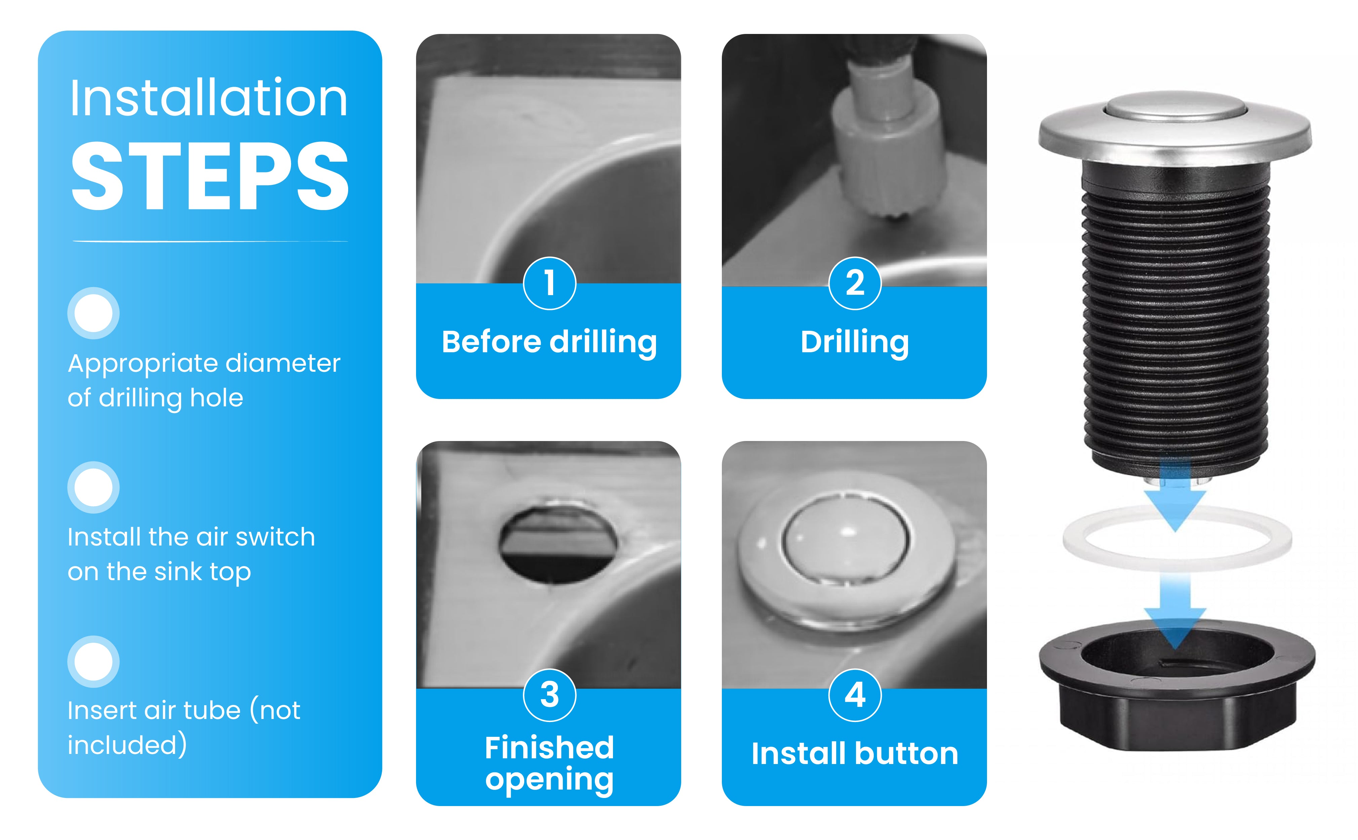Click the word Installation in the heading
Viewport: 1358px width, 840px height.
tap(208, 98)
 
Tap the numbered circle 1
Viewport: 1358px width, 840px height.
tap(549, 283)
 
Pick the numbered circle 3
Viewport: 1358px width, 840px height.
tap(549, 695)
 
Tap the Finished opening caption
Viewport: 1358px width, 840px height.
tap(549, 763)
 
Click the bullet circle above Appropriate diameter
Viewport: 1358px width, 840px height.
tap(93, 313)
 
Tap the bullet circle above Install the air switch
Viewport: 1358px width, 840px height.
tap(93, 487)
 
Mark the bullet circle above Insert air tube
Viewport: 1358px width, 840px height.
tap(93, 662)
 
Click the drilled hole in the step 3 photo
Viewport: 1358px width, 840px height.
tap(557, 545)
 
